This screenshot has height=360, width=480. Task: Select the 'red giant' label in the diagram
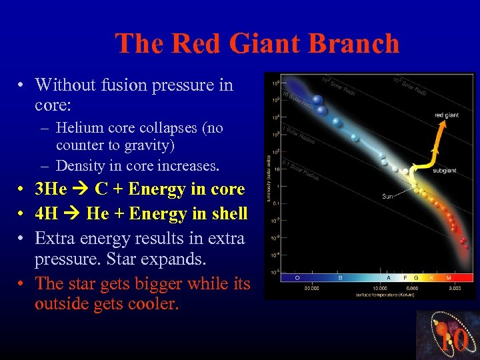click(447, 115)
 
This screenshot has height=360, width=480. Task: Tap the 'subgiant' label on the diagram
click(445, 171)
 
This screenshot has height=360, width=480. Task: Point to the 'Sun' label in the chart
click(388, 196)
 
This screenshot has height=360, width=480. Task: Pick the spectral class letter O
click(297, 277)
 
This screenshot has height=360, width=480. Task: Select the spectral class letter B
click(341, 277)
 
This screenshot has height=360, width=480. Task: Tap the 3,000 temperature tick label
click(453, 288)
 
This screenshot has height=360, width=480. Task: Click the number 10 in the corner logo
click(453, 340)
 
